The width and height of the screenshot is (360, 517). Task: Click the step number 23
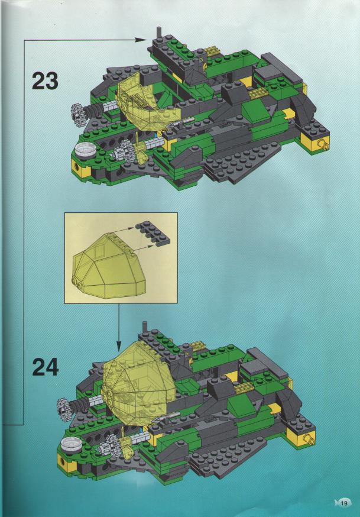[45, 80]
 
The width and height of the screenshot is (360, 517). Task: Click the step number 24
[45, 367]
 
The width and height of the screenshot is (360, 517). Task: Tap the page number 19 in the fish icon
[343, 505]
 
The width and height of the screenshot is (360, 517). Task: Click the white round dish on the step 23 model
[84, 149]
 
